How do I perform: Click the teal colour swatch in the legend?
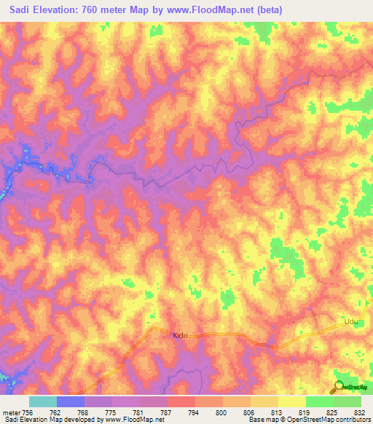point(42,401)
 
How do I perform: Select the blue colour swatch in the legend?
point(70,401)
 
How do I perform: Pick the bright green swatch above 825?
point(319,401)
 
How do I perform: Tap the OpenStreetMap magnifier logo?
point(338,387)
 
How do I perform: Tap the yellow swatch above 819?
point(291,401)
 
